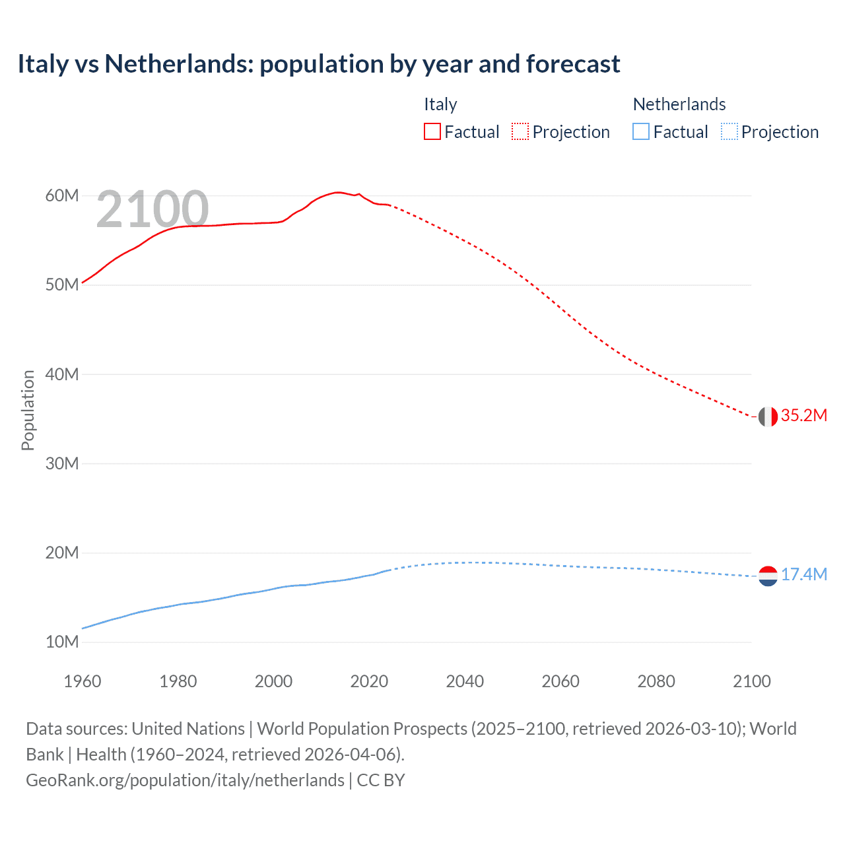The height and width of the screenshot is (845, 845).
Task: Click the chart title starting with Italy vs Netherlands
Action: [x=318, y=64]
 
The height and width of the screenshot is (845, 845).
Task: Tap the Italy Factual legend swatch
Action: [x=432, y=131]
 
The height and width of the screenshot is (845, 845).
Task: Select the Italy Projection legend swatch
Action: [x=520, y=131]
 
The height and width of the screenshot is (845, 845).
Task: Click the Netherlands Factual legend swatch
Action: [x=641, y=131]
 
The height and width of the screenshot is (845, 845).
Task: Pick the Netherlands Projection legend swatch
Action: [x=729, y=131]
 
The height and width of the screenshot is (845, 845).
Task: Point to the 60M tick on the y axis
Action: [x=62, y=195]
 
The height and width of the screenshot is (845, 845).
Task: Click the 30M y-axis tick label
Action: [x=62, y=463]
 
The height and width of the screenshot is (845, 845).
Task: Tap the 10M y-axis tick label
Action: [x=62, y=642]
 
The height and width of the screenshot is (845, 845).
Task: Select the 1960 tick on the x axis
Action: [x=82, y=681]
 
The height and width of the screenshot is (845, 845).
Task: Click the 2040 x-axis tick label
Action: [x=465, y=681]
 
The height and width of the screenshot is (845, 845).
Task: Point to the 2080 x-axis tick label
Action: [x=656, y=681]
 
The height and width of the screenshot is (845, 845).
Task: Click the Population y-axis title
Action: [x=28, y=410]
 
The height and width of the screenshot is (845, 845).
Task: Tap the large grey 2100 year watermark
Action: [x=152, y=210]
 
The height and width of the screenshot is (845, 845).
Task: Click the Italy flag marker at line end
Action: [x=768, y=417]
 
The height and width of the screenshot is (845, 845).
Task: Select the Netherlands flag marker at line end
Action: [x=768, y=576]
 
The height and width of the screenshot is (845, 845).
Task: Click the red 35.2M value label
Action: [x=803, y=415]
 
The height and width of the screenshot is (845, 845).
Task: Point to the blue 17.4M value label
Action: [x=803, y=574]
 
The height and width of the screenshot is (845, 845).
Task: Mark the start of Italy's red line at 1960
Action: [x=83, y=283]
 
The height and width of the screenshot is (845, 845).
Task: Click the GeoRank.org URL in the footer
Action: [x=185, y=780]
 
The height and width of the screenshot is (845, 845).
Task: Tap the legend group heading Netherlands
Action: [x=679, y=104]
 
